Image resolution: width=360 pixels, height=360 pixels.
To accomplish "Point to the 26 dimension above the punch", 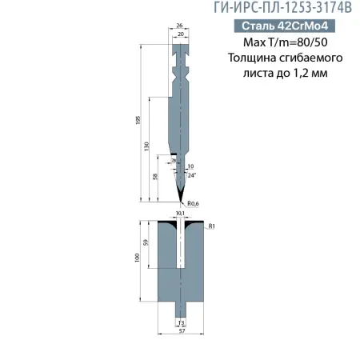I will point(179,26).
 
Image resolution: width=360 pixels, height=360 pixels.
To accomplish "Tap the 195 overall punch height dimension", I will point(139,120).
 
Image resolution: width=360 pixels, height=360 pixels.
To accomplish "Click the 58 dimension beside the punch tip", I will point(154,176).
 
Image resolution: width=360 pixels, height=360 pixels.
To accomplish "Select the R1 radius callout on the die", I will point(211,227).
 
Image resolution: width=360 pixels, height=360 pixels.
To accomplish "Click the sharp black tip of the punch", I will point(180,197).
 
